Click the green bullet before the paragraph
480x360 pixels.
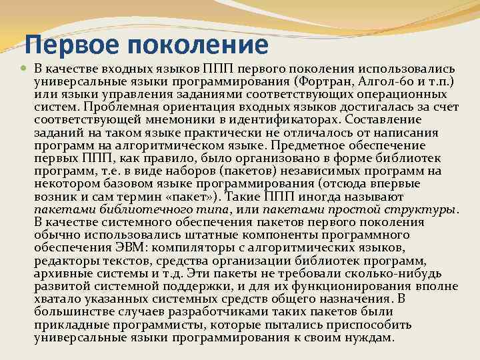coord(25,69)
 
